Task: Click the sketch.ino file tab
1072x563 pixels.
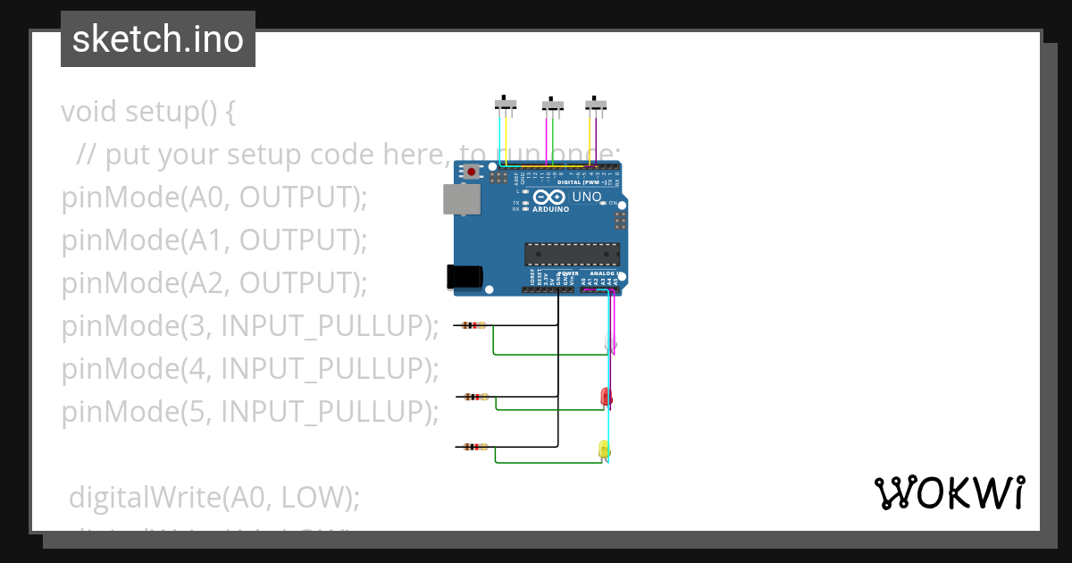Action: tap(158, 39)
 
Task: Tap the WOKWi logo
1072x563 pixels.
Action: tap(949, 493)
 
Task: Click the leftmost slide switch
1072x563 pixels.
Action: tap(507, 104)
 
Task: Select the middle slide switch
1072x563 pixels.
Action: tap(553, 105)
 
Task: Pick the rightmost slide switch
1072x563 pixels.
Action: tap(596, 104)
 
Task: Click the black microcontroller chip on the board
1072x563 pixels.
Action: tap(572, 254)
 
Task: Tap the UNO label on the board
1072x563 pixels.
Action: tap(586, 197)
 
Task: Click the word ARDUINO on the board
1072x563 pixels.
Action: tap(550, 209)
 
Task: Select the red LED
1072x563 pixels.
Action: tap(606, 396)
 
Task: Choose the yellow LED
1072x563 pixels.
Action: tap(604, 450)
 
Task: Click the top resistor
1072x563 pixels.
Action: tap(473, 326)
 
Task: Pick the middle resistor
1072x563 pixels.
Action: tap(473, 396)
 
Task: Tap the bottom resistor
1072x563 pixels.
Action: tap(473, 447)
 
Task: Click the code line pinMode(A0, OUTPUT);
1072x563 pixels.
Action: tap(214, 197)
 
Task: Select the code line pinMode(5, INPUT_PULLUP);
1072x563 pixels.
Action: tap(250, 412)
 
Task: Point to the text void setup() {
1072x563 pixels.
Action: tap(148, 113)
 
